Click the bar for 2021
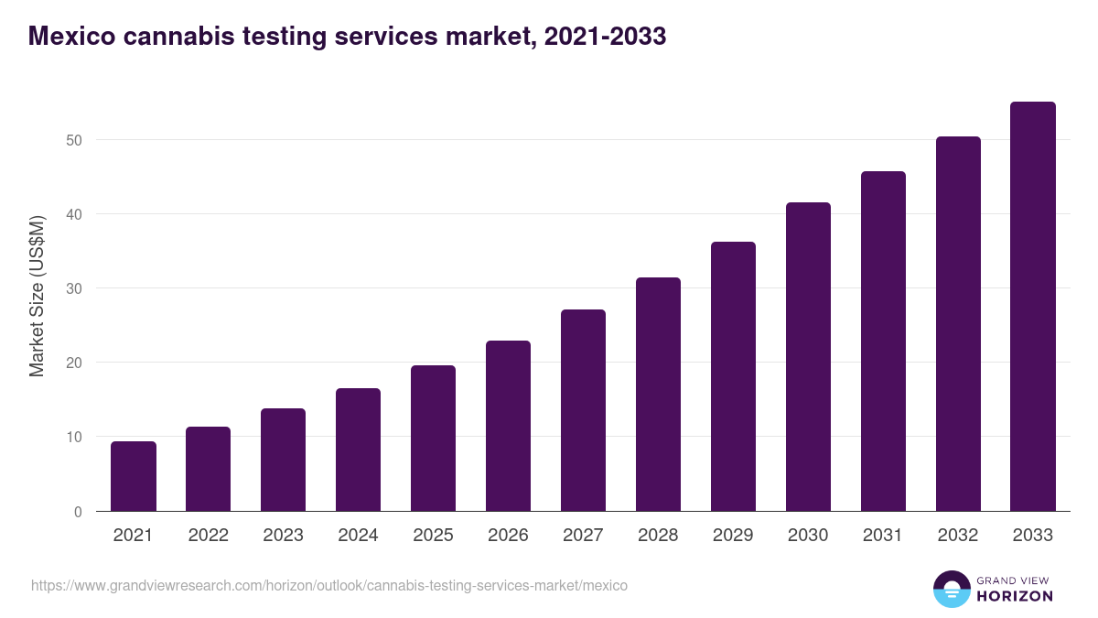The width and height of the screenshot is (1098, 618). pos(134,476)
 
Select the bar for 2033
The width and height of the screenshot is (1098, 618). pos(1033,307)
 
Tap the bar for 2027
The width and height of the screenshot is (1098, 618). pos(583,410)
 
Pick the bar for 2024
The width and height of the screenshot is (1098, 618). pos(358,450)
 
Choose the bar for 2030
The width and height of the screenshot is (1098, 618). pos(808,357)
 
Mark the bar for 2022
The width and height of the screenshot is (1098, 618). pos(208,469)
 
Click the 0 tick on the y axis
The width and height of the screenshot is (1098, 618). pos(78,512)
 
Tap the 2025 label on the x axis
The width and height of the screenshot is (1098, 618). pos(433,536)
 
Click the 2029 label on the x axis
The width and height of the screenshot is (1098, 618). pos(733,536)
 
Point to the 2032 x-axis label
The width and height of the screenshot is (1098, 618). pos(958,536)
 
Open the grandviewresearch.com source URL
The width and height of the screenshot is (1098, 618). pos(329,585)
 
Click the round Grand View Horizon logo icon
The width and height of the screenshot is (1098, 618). pos(951,589)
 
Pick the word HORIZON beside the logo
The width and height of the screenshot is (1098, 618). pos(1014,596)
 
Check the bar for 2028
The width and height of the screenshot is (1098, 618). pos(658,395)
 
